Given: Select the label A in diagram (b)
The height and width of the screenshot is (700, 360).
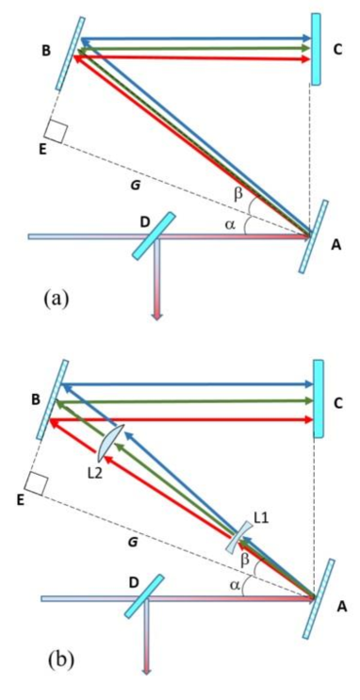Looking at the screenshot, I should (x=341, y=608).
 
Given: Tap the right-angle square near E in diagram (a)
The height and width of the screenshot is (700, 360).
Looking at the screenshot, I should (x=55, y=133).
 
